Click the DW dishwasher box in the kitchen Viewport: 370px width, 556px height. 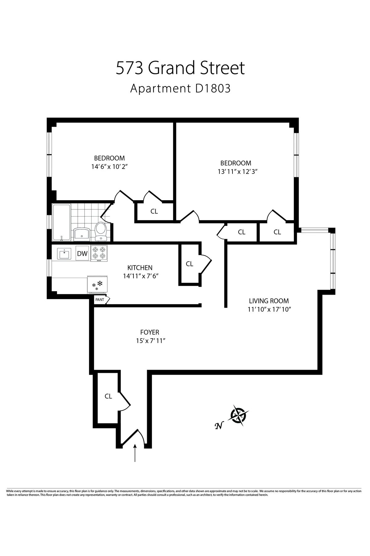pyautogui.click(x=82, y=254)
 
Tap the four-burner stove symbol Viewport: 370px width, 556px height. pyautogui.click(x=99, y=253)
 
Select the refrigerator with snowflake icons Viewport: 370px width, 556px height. pyautogui.click(x=97, y=284)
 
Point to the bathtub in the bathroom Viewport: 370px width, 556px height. pyautogui.click(x=61, y=222)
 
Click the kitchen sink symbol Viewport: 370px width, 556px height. pyautogui.click(x=64, y=254)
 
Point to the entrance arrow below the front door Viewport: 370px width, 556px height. pyautogui.click(x=135, y=453)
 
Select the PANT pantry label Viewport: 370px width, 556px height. pyautogui.click(x=100, y=300)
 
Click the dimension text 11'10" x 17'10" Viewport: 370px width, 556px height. pyautogui.click(x=269, y=309)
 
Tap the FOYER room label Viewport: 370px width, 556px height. pyautogui.click(x=150, y=332)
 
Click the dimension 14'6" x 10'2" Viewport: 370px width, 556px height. pyautogui.click(x=109, y=166)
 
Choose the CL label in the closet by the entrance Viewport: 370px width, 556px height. pyautogui.click(x=108, y=396)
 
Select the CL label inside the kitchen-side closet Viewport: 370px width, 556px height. pyautogui.click(x=189, y=264)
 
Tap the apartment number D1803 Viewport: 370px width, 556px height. pyautogui.click(x=213, y=89)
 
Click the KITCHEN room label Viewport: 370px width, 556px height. pyautogui.click(x=140, y=267)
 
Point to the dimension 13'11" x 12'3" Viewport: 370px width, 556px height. pyautogui.click(x=237, y=171)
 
